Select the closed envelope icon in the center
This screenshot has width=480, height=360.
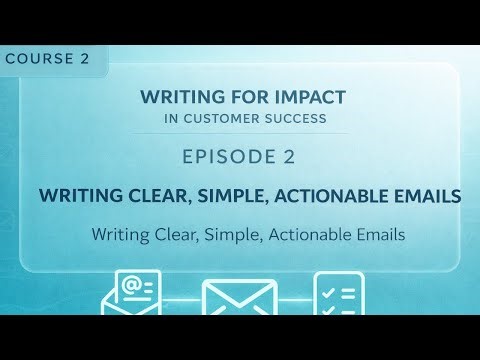point(239,298)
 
